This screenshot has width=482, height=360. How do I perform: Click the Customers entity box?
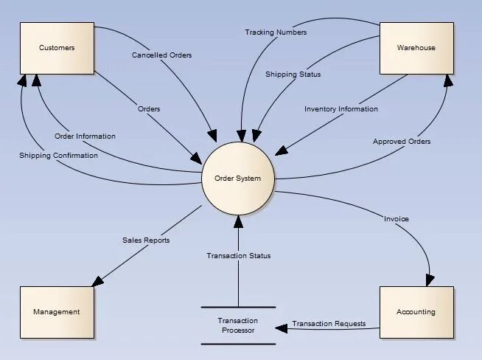click(57, 48)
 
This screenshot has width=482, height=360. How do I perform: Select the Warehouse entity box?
click(416, 48)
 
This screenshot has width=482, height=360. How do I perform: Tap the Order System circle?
click(238, 178)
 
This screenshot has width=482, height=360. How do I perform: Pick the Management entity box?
click(57, 312)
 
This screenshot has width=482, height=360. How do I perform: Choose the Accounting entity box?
click(416, 312)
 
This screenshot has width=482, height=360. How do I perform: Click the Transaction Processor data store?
click(238, 325)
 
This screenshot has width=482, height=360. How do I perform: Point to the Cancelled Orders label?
click(162, 55)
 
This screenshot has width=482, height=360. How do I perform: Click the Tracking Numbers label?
click(276, 32)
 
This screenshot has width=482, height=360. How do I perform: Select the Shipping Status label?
click(293, 74)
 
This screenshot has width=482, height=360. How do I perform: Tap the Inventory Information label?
click(341, 109)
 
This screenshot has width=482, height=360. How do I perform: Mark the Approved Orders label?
click(402, 141)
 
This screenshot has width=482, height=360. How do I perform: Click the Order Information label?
click(85, 136)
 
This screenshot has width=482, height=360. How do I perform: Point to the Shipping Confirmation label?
click(58, 156)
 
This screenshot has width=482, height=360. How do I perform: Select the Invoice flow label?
click(397, 219)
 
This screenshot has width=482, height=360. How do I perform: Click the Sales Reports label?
click(146, 240)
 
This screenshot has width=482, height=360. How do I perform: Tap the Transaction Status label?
click(238, 256)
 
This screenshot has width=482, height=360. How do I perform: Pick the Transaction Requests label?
click(329, 324)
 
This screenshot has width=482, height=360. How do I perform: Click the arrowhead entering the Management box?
click(95, 283)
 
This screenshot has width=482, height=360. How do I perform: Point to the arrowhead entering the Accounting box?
click(429, 281)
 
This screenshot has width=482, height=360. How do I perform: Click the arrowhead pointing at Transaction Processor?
click(281, 328)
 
